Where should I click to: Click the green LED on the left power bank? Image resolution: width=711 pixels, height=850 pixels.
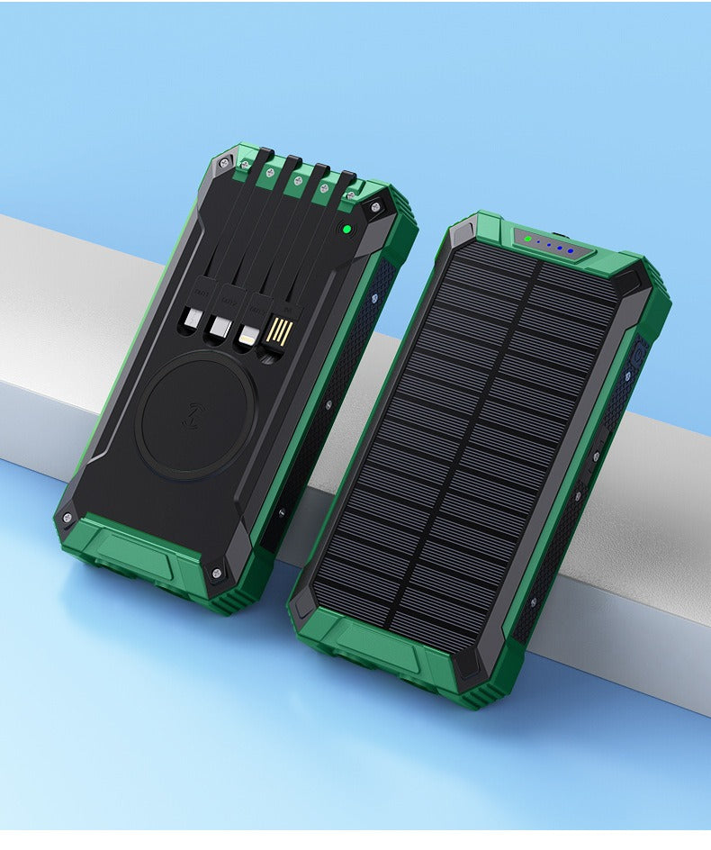click(x=345, y=230)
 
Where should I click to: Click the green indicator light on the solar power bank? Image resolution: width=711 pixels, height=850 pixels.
click(x=526, y=239)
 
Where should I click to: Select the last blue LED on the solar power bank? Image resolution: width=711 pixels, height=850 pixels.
click(x=571, y=252)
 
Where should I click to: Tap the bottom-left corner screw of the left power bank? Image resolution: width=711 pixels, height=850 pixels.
click(x=66, y=518)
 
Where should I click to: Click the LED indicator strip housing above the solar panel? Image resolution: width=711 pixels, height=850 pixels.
click(x=551, y=245)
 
